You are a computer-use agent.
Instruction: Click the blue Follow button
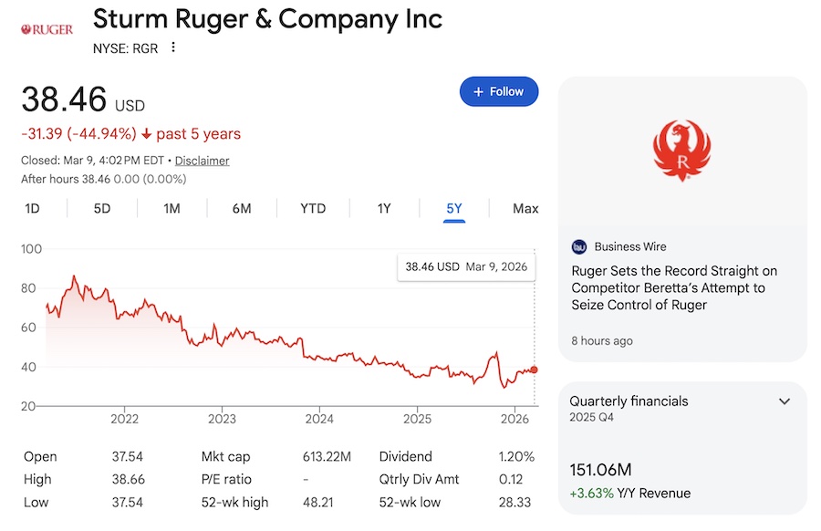(499, 91)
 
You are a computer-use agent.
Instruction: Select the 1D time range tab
(32, 208)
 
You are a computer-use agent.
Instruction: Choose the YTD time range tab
(313, 208)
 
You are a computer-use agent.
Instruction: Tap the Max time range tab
(525, 208)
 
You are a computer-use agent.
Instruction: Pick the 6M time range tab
(242, 208)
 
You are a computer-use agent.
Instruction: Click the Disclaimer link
(202, 161)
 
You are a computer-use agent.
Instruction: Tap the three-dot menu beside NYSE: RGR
(173, 47)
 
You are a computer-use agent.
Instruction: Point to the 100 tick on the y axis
(32, 249)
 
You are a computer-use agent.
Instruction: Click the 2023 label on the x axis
(222, 419)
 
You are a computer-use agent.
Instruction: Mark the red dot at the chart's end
(534, 370)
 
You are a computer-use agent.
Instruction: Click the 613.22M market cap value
(327, 456)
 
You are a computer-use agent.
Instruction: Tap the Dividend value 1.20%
(515, 456)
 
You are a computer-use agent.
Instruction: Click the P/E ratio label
(228, 479)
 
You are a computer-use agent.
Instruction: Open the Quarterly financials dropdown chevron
(784, 401)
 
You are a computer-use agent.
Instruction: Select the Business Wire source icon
(579, 246)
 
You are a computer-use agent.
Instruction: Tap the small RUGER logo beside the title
(47, 30)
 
